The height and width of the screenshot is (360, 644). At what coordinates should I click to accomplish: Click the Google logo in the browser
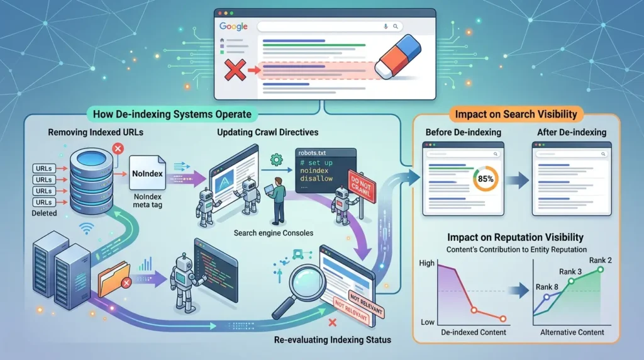pyautogui.click(x=233, y=26)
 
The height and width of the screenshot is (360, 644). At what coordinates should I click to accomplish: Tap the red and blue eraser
pyautogui.click(x=398, y=57)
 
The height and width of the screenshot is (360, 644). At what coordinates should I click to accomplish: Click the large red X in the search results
pyautogui.click(x=235, y=69)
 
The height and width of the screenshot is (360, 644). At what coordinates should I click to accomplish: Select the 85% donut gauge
pyautogui.click(x=486, y=179)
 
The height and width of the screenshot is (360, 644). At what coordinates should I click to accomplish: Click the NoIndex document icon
pyautogui.click(x=147, y=173)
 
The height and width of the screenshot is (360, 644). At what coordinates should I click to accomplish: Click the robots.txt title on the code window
pyautogui.click(x=312, y=153)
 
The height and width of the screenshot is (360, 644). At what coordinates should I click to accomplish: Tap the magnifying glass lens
pyautogui.click(x=307, y=284)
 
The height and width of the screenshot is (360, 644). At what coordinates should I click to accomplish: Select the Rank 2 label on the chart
pyautogui.click(x=600, y=260)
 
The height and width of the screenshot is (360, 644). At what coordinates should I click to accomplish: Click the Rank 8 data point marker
pyautogui.click(x=547, y=297)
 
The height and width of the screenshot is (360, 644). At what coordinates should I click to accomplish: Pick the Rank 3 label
pyautogui.click(x=570, y=272)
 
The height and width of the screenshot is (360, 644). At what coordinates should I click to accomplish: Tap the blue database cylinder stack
pyautogui.click(x=91, y=181)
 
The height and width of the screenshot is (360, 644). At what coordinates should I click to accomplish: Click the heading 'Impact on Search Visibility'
pyautogui.click(x=516, y=115)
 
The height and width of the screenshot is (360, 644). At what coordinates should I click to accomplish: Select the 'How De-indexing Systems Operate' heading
pyautogui.click(x=172, y=115)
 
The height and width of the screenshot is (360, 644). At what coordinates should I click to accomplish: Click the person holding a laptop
pyautogui.click(x=277, y=201)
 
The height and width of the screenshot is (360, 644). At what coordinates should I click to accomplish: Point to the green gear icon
pyautogui.click(x=277, y=160)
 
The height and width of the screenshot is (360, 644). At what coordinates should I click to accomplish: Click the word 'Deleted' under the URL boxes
pyautogui.click(x=45, y=213)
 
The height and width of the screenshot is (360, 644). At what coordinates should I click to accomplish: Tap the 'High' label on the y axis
pyautogui.click(x=427, y=263)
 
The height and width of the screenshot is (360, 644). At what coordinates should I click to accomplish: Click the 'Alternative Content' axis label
pyautogui.click(x=572, y=332)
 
